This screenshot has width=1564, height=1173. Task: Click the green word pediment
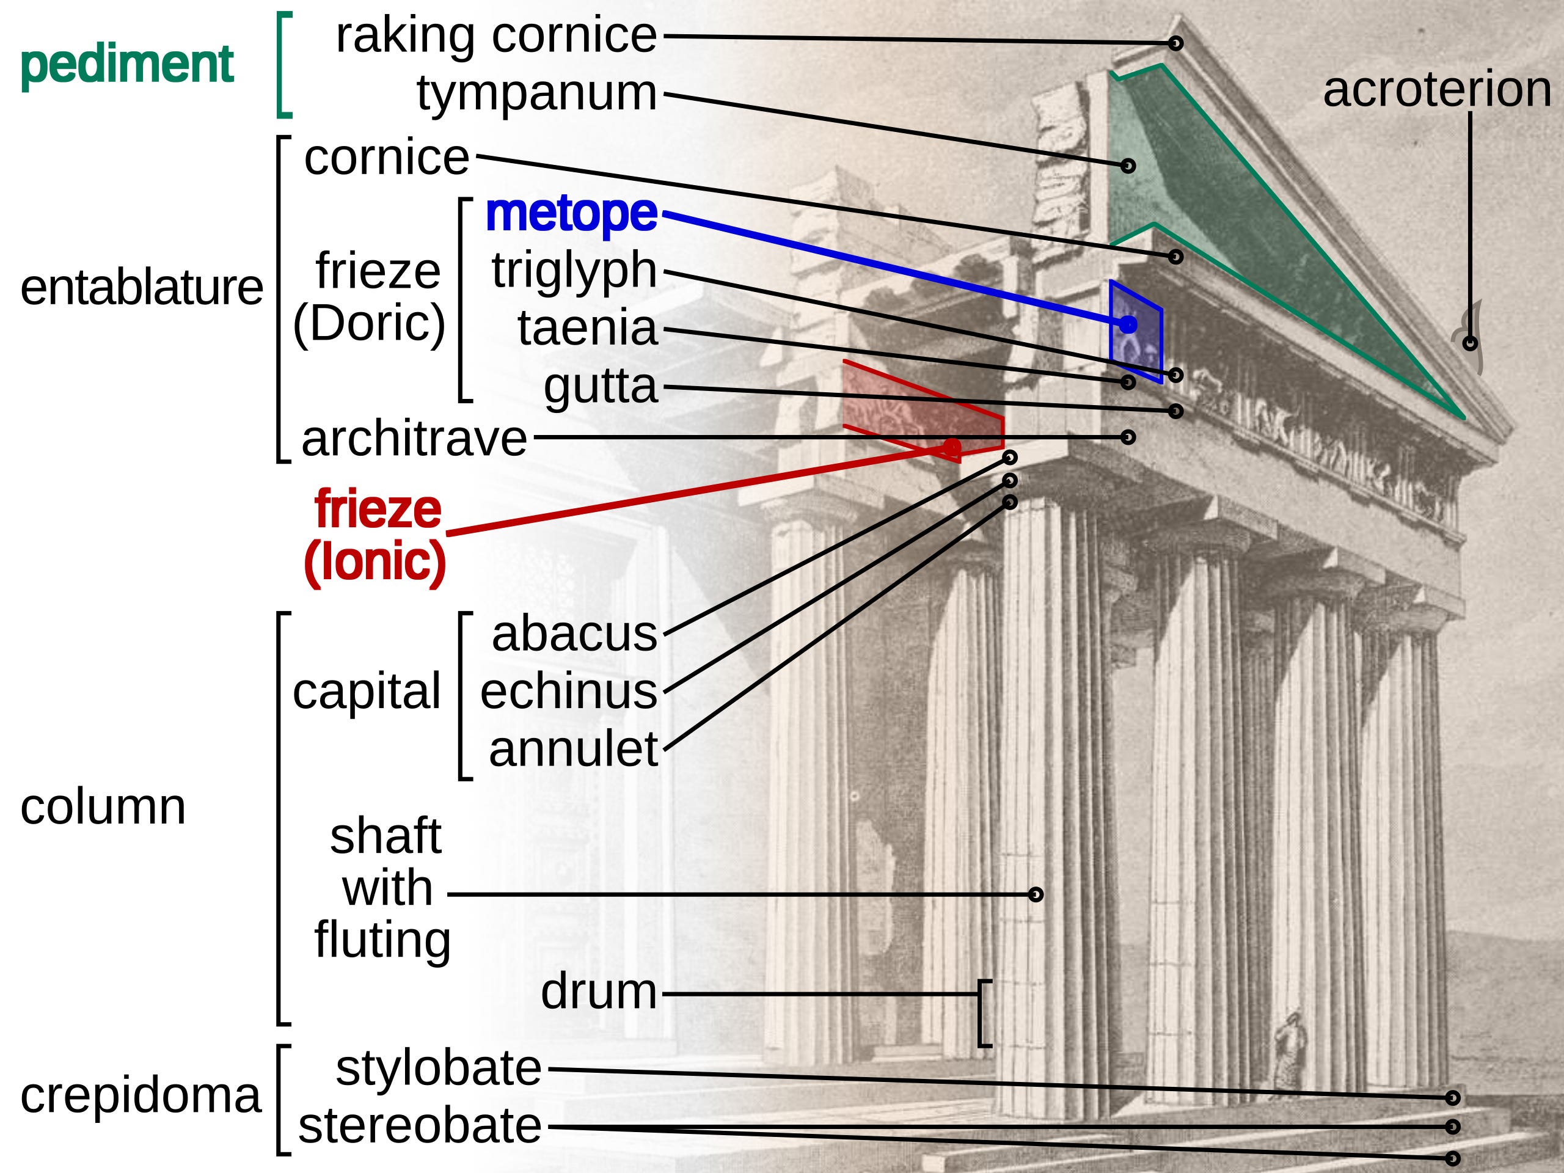coord(126,64)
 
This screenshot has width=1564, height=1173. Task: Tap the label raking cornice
coord(495,35)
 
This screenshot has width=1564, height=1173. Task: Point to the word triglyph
coord(574,270)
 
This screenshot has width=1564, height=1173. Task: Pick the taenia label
coord(588,328)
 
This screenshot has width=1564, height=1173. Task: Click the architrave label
coord(414,439)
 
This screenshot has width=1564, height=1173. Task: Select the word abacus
coord(574,634)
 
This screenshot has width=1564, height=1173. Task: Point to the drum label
coord(598,992)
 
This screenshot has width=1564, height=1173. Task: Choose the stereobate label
coord(420,1125)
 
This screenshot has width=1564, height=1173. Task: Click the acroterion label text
coord(1437,90)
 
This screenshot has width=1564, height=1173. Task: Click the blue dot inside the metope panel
coord(1128,324)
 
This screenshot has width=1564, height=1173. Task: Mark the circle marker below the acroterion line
coord(1470,343)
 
